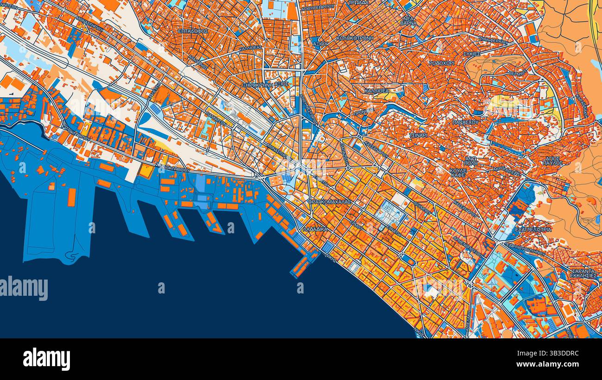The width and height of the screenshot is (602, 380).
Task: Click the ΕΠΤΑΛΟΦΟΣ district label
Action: (x=193, y=31)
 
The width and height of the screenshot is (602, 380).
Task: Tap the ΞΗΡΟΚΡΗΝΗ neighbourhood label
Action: (x=258, y=85)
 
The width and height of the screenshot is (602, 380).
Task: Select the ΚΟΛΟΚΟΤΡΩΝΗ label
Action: (x=355, y=38)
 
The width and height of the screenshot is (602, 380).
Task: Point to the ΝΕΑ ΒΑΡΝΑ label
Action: (x=408, y=20)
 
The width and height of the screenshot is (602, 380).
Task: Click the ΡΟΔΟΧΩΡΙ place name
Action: (x=441, y=63)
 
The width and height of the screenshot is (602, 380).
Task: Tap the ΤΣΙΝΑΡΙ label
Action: (x=418, y=135)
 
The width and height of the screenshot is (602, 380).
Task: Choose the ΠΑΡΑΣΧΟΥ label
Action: (x=465, y=122)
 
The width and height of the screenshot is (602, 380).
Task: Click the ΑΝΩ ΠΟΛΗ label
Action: (x=470, y=161)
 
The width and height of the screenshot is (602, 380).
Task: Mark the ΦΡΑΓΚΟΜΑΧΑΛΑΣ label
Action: (x=330, y=202)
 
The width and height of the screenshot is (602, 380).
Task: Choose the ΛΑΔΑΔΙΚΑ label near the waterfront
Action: (x=315, y=229)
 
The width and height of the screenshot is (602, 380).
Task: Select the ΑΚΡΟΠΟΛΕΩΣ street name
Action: (x=507, y=172)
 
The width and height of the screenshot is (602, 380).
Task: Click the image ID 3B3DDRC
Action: (x=560, y=354)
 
